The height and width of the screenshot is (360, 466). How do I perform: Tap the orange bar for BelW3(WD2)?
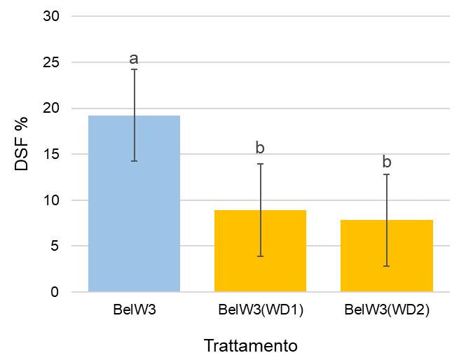[x=386, y=256]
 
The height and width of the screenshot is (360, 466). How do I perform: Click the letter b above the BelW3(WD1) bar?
[x=260, y=148]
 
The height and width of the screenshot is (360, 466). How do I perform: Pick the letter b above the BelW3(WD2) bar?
[x=386, y=162]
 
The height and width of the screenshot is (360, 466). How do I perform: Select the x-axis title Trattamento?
[x=251, y=346]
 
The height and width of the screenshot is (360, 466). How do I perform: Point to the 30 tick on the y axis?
[x=51, y=16]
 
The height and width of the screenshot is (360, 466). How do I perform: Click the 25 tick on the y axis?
[x=51, y=62]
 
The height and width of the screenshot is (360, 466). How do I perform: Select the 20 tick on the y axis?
[x=51, y=109]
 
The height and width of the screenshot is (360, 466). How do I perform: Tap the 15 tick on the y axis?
[x=51, y=154]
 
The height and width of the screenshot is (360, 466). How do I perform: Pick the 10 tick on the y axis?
[x=51, y=200]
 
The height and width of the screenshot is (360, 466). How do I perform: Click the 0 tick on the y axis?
[x=55, y=292]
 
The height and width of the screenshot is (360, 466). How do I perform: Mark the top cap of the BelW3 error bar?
[x=134, y=69]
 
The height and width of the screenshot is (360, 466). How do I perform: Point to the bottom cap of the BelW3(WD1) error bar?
[x=260, y=256]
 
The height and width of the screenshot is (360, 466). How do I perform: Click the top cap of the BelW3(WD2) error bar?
[x=386, y=174]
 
